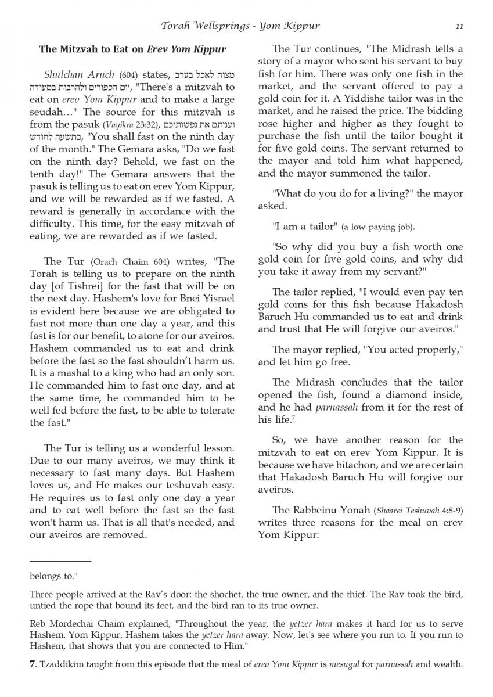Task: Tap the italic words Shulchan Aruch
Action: (x=80, y=74)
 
